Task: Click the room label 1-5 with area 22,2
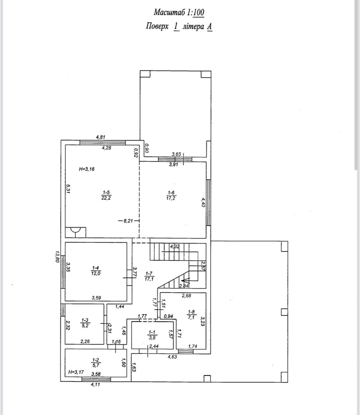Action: [106, 195]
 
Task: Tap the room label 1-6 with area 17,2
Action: [171, 195]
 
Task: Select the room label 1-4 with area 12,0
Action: [96, 270]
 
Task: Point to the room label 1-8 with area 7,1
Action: [191, 315]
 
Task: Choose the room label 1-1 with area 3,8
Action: [152, 335]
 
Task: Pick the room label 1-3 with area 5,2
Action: [85, 323]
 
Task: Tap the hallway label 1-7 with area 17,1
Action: [149, 276]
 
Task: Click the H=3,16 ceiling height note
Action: [86, 169]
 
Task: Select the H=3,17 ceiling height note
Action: [76, 372]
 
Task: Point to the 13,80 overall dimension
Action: [57, 257]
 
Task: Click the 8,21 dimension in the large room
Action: [128, 221]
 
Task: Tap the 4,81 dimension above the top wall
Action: [101, 137]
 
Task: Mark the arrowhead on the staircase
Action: [185, 280]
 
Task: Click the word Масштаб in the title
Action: [169, 12]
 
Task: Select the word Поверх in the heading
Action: [157, 27]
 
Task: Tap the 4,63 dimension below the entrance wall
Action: [172, 357]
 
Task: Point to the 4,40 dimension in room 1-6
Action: [203, 202]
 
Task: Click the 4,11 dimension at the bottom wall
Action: [95, 384]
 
